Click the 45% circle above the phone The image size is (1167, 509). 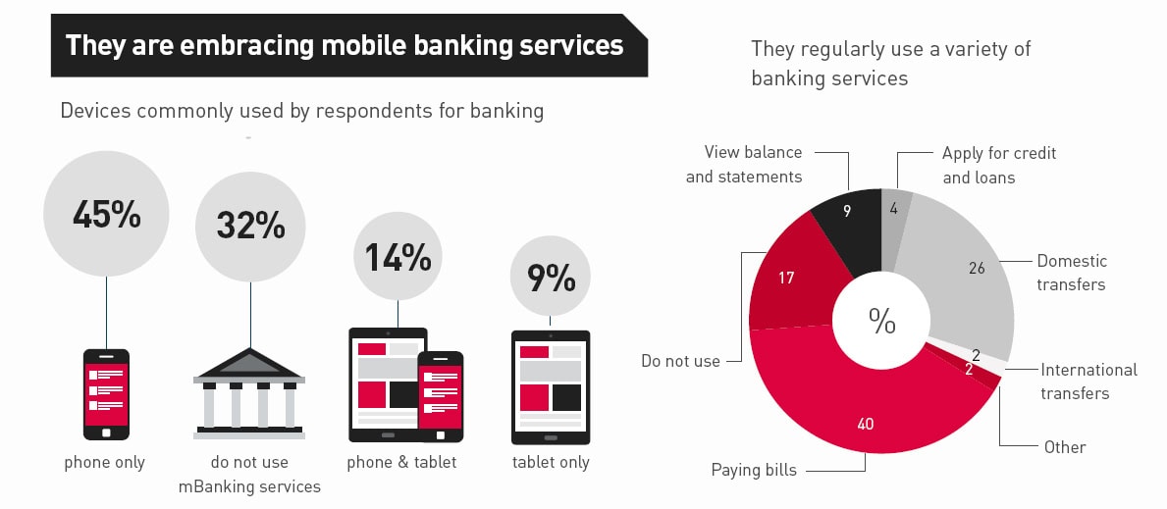106,214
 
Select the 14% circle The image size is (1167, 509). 398,256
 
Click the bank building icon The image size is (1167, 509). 249,393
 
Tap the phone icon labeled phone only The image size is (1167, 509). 105,393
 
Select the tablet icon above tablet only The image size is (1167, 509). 551,386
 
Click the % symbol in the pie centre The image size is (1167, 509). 881,321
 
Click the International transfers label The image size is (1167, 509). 1088,382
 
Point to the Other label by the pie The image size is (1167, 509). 1065,447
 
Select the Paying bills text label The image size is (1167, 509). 754,470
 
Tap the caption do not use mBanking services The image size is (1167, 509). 249,474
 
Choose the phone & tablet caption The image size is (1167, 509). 401,462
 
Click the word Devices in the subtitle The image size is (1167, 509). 95,110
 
